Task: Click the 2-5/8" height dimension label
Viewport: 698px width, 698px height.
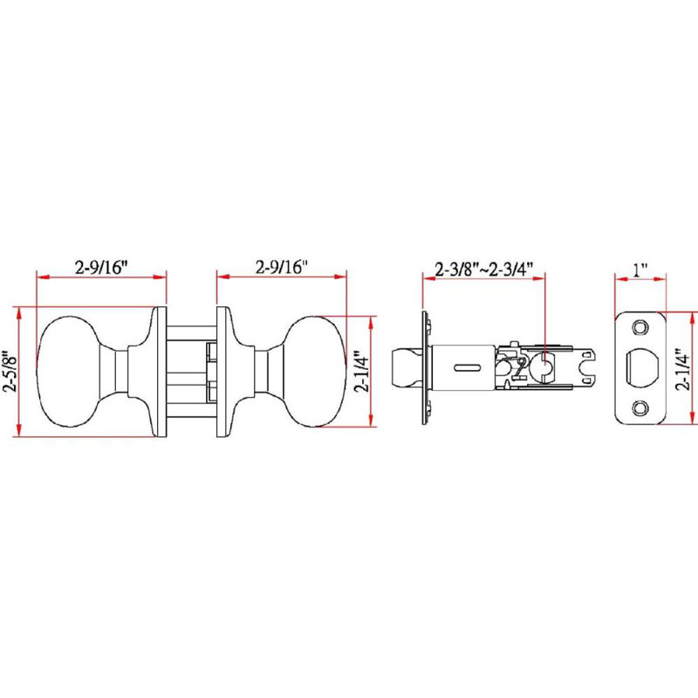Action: tap(10, 371)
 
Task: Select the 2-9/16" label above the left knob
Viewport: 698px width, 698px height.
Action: tap(101, 267)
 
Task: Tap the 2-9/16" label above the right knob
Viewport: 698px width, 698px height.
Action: tap(281, 267)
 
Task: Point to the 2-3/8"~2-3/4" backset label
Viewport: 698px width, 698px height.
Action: tap(484, 269)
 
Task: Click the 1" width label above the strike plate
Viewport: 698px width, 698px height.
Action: tap(640, 269)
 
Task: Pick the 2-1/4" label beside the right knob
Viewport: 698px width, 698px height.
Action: tap(361, 372)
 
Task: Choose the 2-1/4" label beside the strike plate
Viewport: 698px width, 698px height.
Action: tap(682, 369)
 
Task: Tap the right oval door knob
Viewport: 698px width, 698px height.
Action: tap(314, 372)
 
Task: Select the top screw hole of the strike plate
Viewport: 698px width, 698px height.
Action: tap(640, 327)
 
